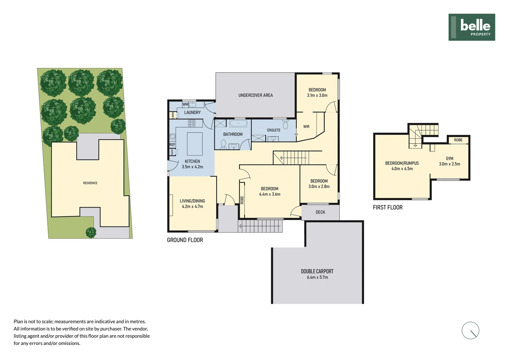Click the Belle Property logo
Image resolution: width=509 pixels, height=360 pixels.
pos(471,27)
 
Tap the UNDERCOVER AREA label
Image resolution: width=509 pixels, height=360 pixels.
pos(255,95)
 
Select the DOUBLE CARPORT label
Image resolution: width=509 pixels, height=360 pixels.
pos(317,271)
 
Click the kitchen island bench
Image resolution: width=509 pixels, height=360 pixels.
pos(195,144)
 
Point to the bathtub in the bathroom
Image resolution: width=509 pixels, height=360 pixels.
pos(238,124)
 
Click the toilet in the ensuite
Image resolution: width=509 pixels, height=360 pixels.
pos(285,125)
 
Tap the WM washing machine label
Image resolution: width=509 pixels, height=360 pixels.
pos(185,104)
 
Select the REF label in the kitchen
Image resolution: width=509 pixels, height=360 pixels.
pos(172,145)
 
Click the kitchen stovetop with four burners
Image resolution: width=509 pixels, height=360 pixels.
pos(192,123)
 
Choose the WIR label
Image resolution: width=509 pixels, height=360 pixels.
pos(306,127)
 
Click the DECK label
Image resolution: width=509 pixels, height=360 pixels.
pos(320,212)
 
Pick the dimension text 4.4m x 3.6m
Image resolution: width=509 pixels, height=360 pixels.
pos(269,194)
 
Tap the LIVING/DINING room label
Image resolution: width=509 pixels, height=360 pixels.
pos(192,201)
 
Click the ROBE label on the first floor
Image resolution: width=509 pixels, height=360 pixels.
pos(458,140)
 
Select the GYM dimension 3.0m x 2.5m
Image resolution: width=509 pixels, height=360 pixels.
pos(449,164)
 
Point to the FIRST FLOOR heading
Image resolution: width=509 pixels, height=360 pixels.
pos(388,207)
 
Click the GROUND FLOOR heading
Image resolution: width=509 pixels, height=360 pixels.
pos(185,240)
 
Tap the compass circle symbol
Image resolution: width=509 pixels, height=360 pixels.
pos(470,331)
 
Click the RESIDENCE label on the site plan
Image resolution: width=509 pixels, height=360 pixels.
pos(90,183)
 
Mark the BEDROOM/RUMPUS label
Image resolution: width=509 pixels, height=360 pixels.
pos(402,163)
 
